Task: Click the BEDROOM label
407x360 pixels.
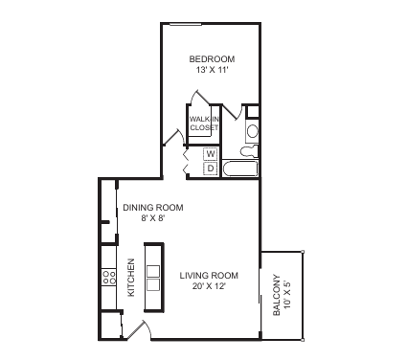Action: point(212,59)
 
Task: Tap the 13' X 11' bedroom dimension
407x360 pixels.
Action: point(212,70)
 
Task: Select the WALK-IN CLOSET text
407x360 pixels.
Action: point(204,124)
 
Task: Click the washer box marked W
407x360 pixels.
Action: point(211,154)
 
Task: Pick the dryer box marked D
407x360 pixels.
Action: point(211,168)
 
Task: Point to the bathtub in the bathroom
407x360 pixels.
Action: point(240,169)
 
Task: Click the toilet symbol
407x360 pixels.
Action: point(249,151)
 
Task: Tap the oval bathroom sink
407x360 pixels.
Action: point(253,131)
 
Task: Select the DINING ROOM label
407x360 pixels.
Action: point(153,208)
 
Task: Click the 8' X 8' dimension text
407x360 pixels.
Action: point(152,218)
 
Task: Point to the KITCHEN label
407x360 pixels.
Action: point(131,278)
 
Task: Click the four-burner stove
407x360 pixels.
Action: point(109,277)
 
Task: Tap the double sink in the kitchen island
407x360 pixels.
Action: point(153,278)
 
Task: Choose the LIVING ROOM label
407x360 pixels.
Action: point(209,276)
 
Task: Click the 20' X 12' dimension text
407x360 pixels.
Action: point(209,286)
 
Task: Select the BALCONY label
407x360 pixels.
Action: point(277,295)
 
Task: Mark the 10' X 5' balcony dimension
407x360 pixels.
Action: point(288,295)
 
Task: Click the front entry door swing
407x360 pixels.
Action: point(138,328)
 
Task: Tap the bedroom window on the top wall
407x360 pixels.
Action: point(186,24)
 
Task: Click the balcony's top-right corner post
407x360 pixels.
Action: point(303,252)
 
